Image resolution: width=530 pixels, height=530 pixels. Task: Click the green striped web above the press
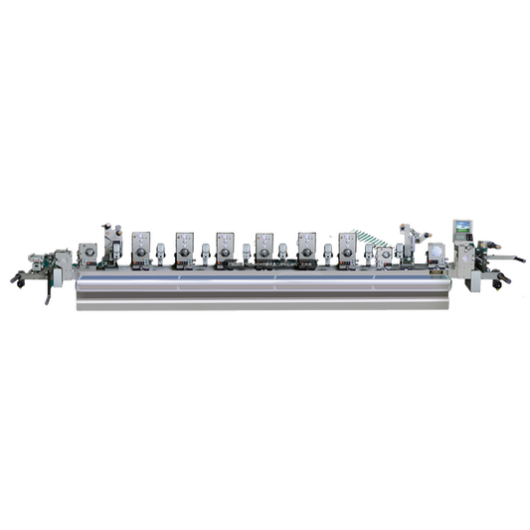(372, 240)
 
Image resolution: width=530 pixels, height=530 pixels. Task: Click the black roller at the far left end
(16, 279)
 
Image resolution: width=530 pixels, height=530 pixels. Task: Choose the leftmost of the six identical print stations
(141, 250)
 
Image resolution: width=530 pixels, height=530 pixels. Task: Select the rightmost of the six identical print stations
(347, 250)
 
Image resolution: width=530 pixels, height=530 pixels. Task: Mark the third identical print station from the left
(225, 250)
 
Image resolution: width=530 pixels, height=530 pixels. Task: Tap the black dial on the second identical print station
(184, 254)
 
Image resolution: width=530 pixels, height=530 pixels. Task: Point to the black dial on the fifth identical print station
(306, 254)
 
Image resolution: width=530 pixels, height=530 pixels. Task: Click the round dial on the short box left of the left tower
(88, 255)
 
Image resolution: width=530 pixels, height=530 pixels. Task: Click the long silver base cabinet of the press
(264, 292)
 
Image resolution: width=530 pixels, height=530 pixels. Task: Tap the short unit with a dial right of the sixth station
(384, 257)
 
